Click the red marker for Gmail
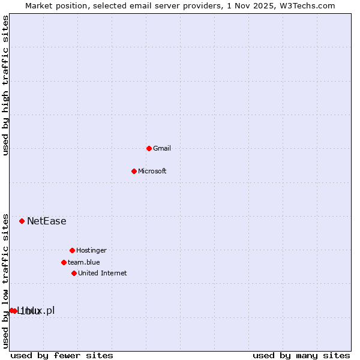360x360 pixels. tap(149, 148)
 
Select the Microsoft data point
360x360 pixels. tap(134, 171)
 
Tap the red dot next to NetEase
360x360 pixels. tap(22, 221)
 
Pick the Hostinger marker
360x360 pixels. tap(72, 250)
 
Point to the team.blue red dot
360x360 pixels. tap(64, 262)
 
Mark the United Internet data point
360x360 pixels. tap(74, 273)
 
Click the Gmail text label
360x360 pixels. tap(162, 148)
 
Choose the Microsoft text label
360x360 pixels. tap(152, 171)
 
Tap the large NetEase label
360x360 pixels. tap(47, 221)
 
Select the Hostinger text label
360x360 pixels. tap(91, 250)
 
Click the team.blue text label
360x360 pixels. tap(84, 262)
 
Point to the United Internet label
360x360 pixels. tap(103, 273)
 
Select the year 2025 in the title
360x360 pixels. tap(268, 5)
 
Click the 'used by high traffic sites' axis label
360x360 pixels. tap(5, 85)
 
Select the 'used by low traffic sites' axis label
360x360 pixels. tap(5, 281)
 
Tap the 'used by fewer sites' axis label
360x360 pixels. tap(62, 355)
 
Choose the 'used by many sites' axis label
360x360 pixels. tap(301, 355)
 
